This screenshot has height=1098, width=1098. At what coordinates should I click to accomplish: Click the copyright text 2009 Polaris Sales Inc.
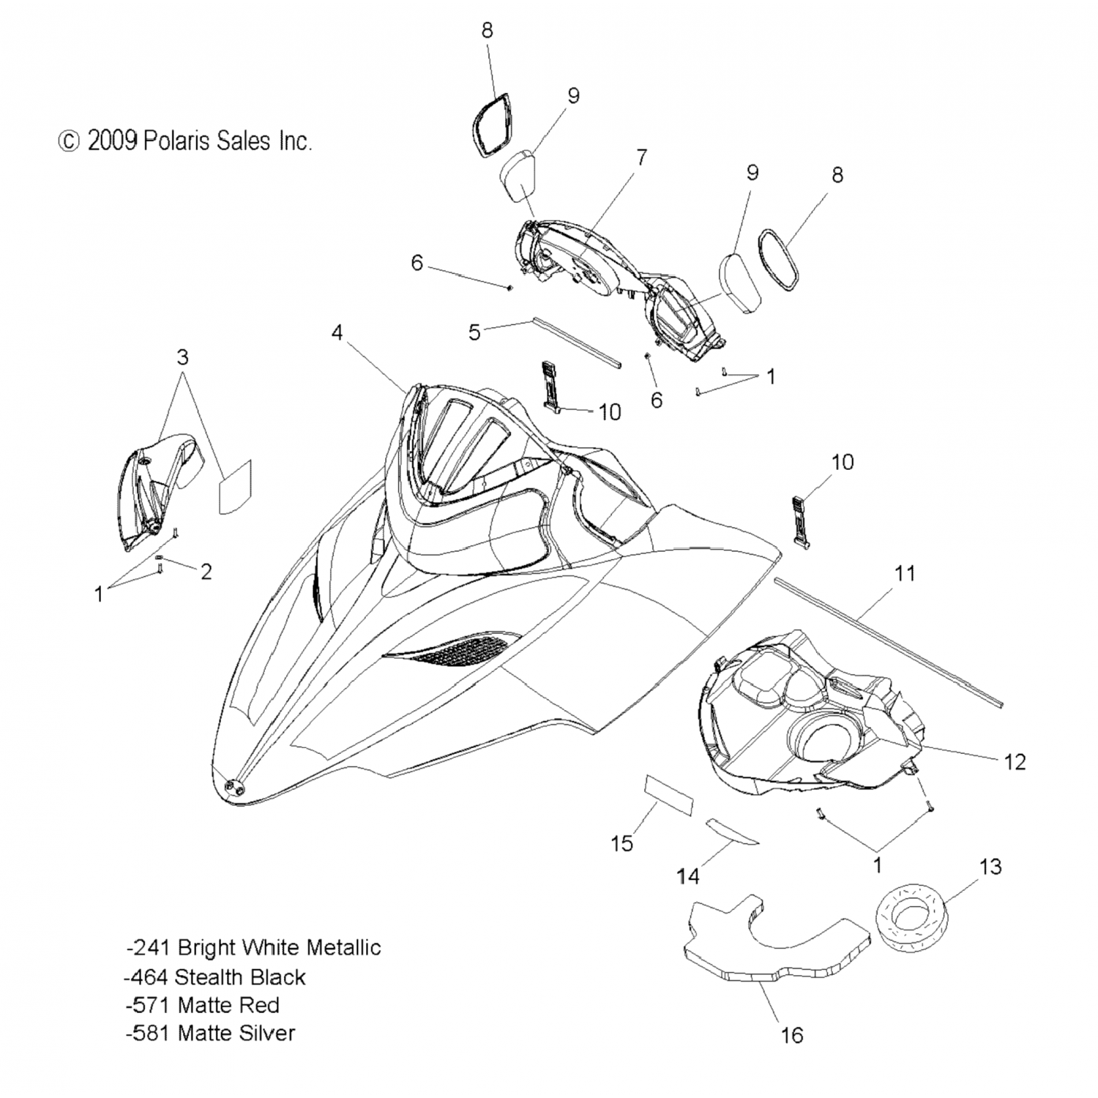click(185, 141)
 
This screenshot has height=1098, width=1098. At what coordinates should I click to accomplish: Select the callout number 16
click(792, 1035)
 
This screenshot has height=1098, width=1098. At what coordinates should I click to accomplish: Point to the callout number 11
click(905, 573)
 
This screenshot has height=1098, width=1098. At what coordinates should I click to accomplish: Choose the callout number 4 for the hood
click(337, 333)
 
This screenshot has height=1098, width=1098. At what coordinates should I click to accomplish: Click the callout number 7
click(641, 157)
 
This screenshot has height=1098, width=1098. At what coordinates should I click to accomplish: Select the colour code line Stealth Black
click(215, 977)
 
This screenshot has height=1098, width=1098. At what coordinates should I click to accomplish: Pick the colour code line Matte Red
click(202, 1005)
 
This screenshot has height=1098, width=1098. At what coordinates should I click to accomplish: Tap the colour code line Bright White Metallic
click(253, 948)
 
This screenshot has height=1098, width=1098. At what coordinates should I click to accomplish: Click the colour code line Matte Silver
click(210, 1034)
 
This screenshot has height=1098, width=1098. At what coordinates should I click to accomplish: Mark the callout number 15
click(621, 844)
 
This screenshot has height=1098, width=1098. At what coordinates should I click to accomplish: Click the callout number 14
click(688, 875)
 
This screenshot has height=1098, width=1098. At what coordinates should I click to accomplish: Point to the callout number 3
click(182, 357)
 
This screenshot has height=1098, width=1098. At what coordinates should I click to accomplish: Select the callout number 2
click(206, 572)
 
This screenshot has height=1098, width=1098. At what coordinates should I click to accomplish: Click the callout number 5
click(474, 332)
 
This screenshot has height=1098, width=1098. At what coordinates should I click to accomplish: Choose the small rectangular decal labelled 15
click(668, 793)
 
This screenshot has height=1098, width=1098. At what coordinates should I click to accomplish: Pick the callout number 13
click(990, 867)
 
